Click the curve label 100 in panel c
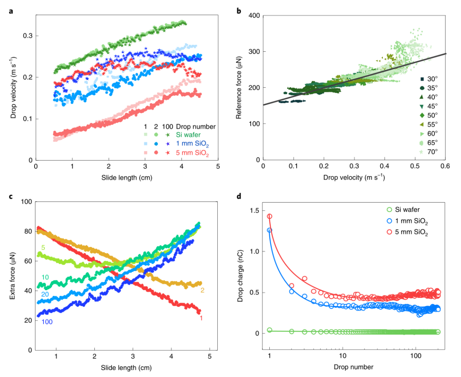pyautogui.click(x=47, y=321)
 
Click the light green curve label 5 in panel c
pyautogui.click(x=43, y=248)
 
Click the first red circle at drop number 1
pyautogui.click(x=269, y=216)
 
